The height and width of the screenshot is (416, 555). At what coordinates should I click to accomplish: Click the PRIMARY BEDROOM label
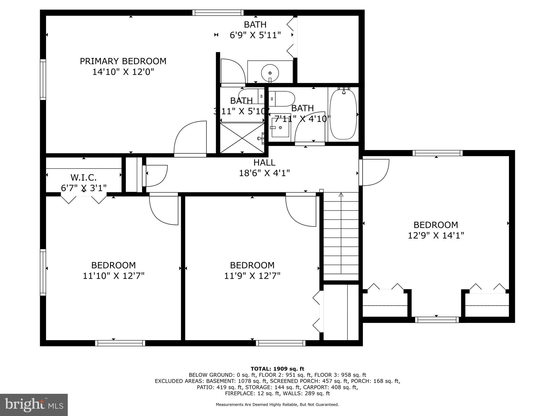[x=123, y=61]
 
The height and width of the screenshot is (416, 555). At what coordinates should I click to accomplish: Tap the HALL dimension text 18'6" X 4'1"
[x=264, y=173]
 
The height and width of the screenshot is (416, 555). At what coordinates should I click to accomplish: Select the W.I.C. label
[x=83, y=178]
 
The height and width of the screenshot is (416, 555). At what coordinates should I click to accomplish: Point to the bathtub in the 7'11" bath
[x=343, y=114]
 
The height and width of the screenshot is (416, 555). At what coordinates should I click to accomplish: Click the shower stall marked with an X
[x=242, y=138]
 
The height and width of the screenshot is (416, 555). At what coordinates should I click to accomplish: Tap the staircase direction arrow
[x=341, y=195]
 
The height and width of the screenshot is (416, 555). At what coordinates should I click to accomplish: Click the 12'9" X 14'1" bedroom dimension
[x=436, y=235]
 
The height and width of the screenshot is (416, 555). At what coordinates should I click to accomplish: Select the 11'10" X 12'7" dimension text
[x=113, y=276]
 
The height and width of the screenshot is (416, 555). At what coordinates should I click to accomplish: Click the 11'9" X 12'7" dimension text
[x=252, y=276]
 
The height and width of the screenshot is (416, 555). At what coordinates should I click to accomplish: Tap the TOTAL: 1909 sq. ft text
[x=277, y=369]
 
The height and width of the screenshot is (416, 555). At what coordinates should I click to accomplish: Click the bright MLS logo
[x=34, y=405]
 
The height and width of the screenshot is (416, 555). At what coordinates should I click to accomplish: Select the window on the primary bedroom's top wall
[x=218, y=12]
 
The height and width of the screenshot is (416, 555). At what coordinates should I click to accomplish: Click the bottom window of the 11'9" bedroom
[x=280, y=343]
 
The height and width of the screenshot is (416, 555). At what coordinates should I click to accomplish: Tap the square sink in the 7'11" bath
[x=280, y=128]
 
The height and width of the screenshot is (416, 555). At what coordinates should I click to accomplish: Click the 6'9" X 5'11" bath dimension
[x=255, y=35]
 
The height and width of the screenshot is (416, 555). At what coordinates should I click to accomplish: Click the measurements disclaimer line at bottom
[x=277, y=405]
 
